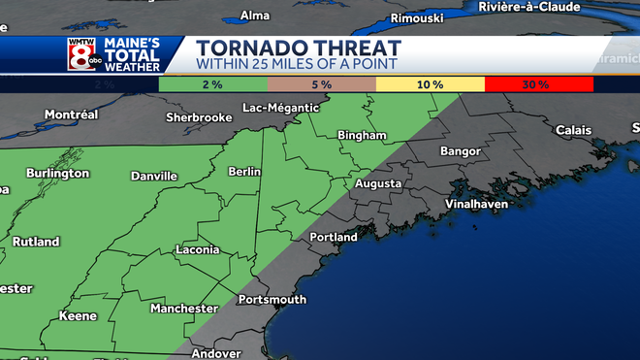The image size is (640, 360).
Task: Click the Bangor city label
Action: coord(460,151)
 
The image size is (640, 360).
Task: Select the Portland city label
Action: coord(333,237)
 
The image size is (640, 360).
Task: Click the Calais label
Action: coord(572,130)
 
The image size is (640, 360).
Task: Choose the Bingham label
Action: coord(362,135)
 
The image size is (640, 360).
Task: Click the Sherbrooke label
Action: coord(199,117)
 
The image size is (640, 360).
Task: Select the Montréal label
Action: coord(71,115)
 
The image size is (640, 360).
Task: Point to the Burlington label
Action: coord(57,173)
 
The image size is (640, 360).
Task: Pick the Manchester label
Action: coord(183,309)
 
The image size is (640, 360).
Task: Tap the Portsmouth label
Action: coord(272,300)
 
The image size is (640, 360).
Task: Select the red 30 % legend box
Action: coord(538,84)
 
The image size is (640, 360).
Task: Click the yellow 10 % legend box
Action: coord(430,84)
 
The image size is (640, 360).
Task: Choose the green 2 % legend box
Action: coord(212,84)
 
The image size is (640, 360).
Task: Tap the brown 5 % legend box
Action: coord(321,84)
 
